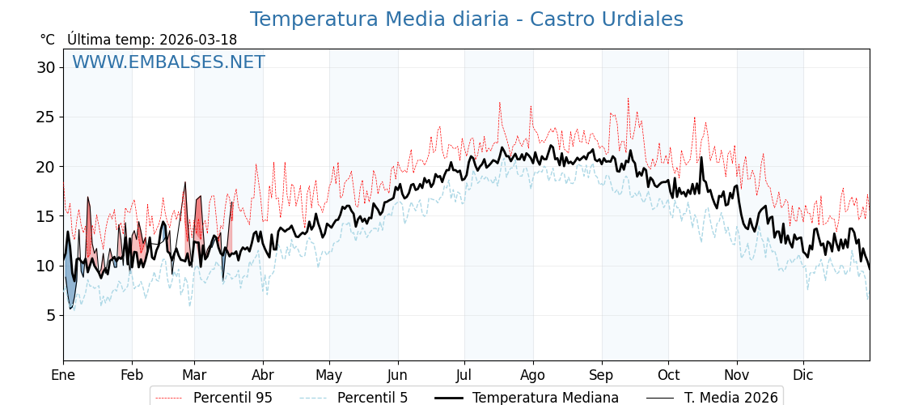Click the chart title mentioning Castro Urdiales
(x=466, y=19)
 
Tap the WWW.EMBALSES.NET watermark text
(x=168, y=62)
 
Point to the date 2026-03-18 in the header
(x=198, y=40)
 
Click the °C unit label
(x=47, y=40)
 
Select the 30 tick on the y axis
(x=46, y=67)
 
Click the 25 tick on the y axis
(x=46, y=117)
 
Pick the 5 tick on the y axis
(x=50, y=315)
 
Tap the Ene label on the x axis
(x=63, y=375)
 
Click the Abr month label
(x=263, y=375)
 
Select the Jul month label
(x=464, y=375)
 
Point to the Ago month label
(x=533, y=375)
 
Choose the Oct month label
(x=668, y=375)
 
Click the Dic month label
(x=803, y=375)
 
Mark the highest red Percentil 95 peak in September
(x=628, y=99)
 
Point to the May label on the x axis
(x=329, y=375)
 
